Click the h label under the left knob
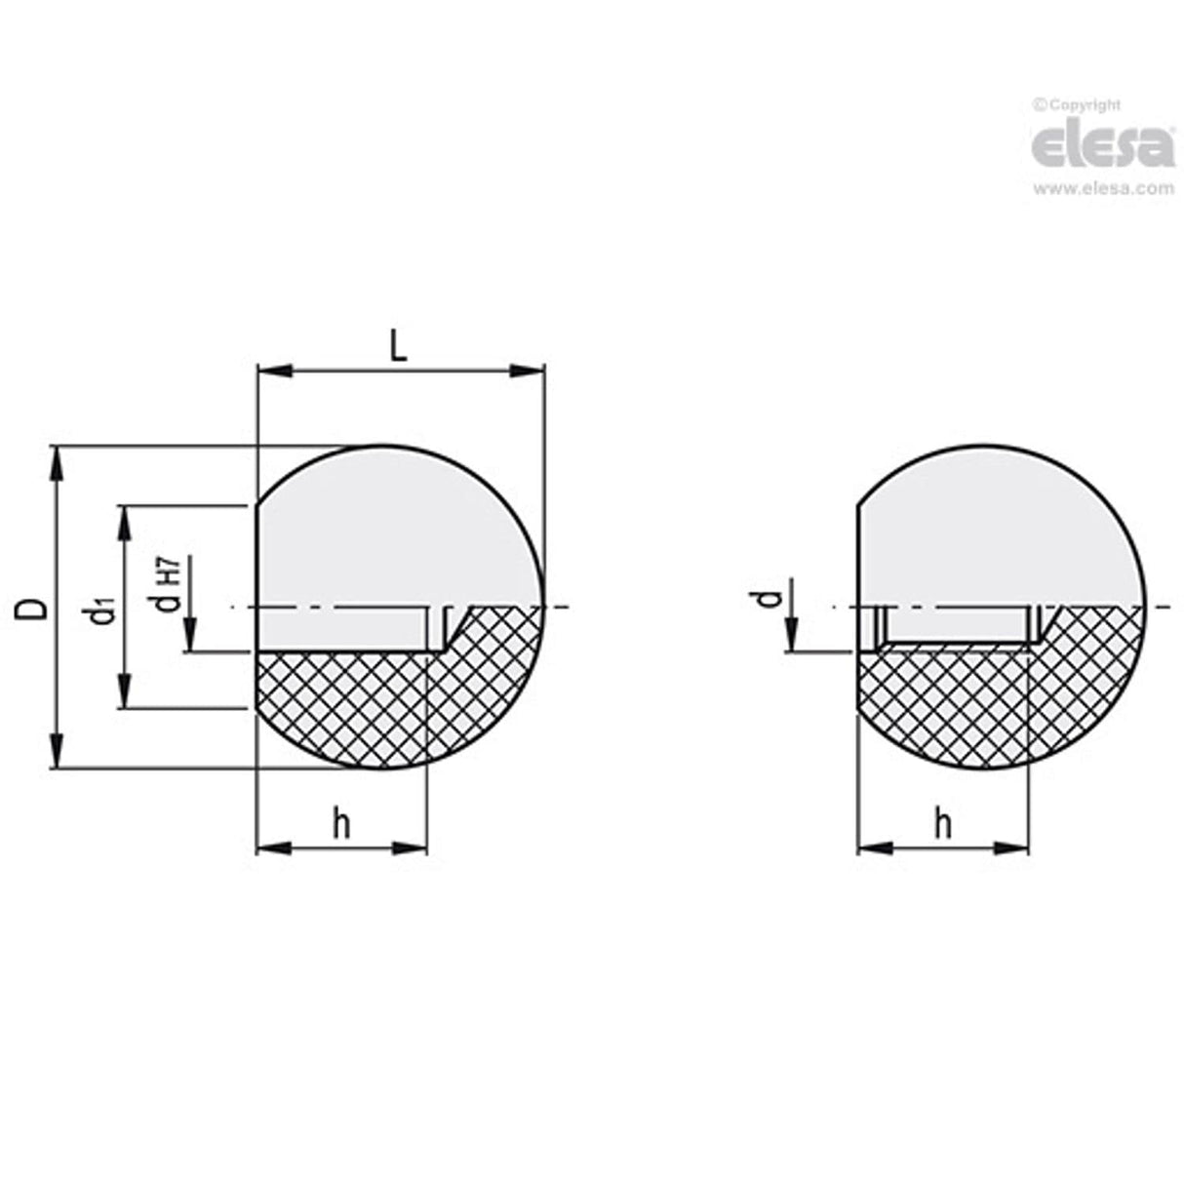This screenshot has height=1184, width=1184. click(340, 824)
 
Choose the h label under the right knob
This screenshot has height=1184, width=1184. click(942, 824)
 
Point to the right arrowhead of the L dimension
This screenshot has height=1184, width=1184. click(527, 371)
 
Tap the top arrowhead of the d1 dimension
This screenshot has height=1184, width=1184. click(125, 522)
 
